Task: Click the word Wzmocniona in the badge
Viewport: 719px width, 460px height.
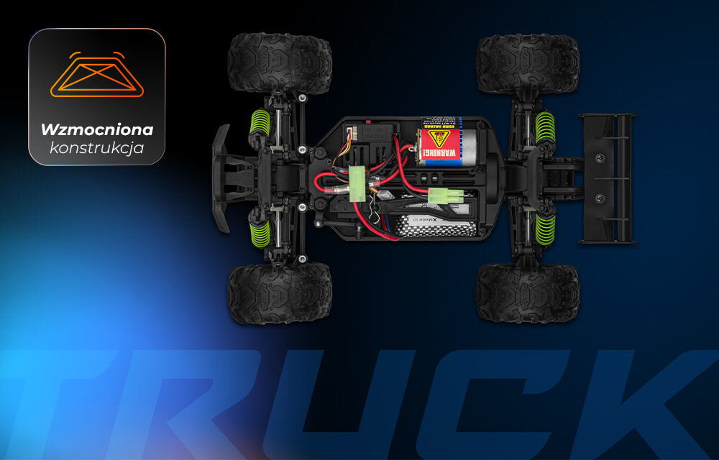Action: (96, 130)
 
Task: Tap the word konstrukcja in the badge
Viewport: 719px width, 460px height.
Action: (96, 148)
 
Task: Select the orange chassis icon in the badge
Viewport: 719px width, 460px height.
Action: (96, 75)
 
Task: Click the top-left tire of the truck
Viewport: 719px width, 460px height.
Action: (280, 63)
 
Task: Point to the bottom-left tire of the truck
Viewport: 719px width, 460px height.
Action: (280, 293)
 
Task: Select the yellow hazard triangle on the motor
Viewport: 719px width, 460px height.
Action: (435, 136)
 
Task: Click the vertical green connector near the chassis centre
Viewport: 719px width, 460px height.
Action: (357, 184)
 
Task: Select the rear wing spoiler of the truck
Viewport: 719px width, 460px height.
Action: (608, 178)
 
